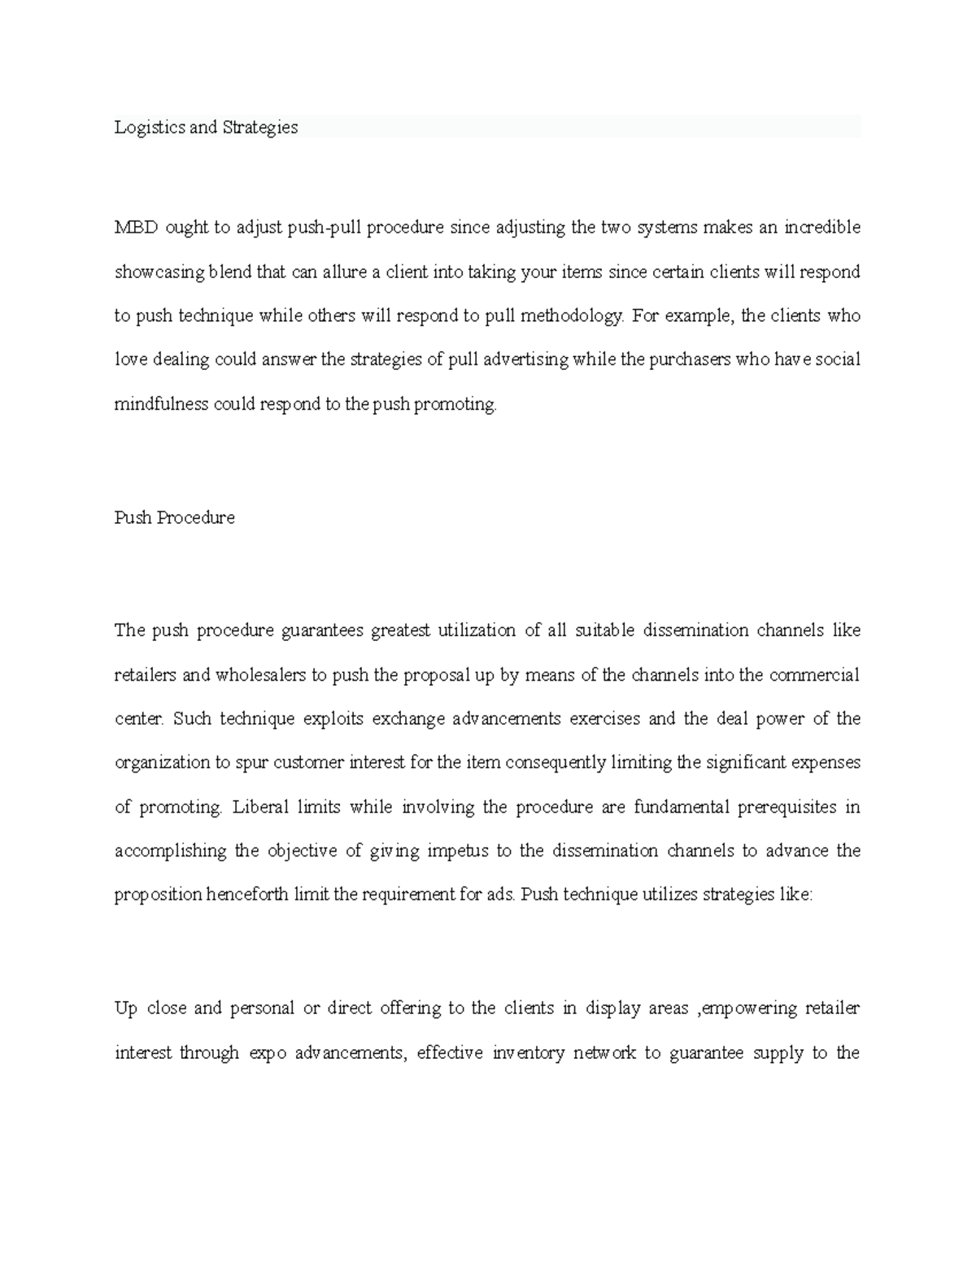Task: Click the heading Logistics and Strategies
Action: (206, 128)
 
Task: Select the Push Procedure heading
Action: (174, 518)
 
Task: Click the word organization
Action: (162, 763)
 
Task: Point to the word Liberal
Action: (260, 808)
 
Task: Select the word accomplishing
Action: (170, 851)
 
